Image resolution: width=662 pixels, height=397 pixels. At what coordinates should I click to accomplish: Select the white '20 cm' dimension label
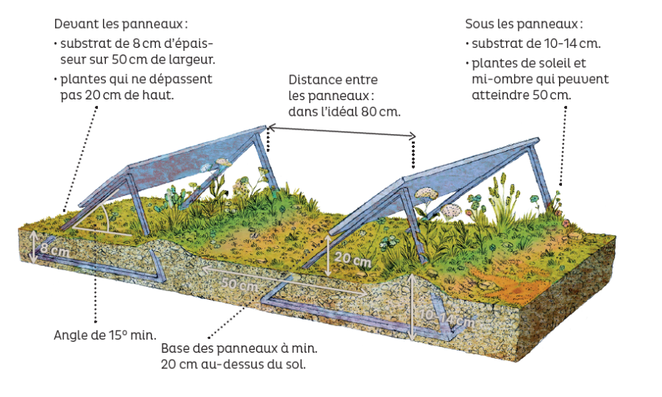pos(352,259)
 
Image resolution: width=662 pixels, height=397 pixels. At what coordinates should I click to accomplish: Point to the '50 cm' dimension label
pos(240,284)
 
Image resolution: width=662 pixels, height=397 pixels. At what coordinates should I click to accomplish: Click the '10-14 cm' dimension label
pos(446,319)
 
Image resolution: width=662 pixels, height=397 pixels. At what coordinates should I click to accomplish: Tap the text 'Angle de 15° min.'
pos(105,335)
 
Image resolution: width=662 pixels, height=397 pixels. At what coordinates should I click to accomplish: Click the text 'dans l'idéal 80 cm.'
pos(344,112)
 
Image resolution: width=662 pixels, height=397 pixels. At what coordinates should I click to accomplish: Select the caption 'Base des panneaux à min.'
pos(239,349)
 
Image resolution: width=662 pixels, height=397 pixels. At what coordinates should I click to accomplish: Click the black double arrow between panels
pos(342,131)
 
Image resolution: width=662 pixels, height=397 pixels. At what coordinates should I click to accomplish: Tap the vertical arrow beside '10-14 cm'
pos(412,307)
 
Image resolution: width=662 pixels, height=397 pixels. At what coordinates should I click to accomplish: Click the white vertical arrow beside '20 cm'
pos(329,256)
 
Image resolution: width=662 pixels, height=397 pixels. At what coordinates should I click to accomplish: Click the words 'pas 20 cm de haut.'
pos(117,95)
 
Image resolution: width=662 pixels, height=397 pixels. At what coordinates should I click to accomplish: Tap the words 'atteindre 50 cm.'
pos(521,95)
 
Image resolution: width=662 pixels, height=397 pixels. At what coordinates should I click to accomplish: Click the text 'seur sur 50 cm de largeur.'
pos(138,60)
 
